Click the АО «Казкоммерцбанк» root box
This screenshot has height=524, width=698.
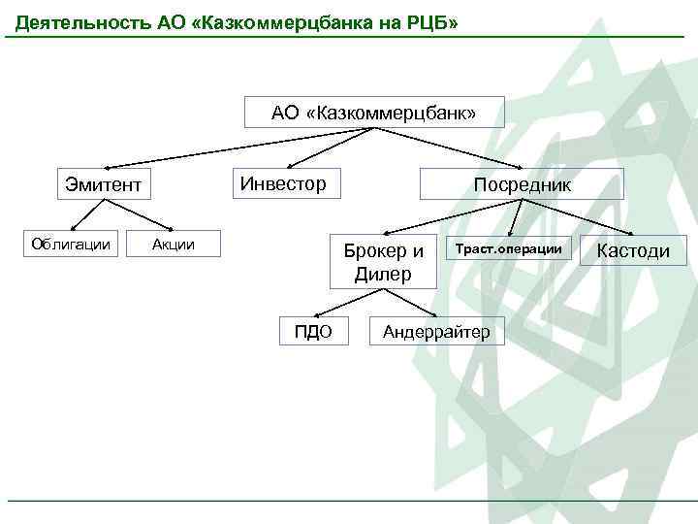pos(374,113)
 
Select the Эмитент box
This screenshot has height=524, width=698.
pos(104,184)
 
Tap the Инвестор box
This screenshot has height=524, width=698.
pos(284,182)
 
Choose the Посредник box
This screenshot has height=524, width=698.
pos(522,184)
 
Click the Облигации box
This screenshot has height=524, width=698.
pos(71,244)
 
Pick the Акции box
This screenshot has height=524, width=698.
pos(174,244)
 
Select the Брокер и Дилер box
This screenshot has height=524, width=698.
pos(383,262)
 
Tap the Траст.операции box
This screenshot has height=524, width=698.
pos(509,249)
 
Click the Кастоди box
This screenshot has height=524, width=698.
pos(633,250)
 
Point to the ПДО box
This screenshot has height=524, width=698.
pos(313,332)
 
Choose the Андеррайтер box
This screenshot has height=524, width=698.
pos(437,332)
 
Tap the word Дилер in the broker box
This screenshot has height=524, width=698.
pos(383,275)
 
